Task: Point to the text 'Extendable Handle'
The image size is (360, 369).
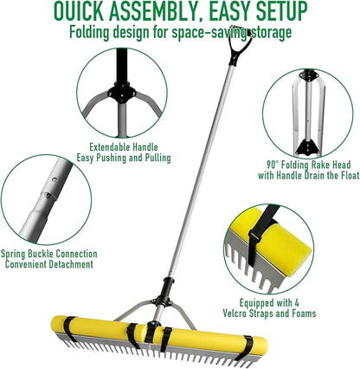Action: pos(129,147)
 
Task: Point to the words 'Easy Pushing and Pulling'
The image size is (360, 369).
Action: pos(129,158)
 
